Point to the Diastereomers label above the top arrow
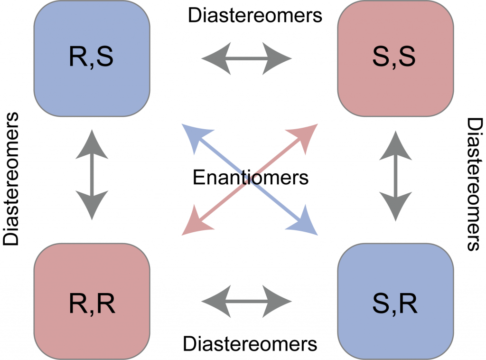point(255,15)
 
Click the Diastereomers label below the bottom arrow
point(250,343)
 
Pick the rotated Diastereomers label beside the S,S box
point(475,183)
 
